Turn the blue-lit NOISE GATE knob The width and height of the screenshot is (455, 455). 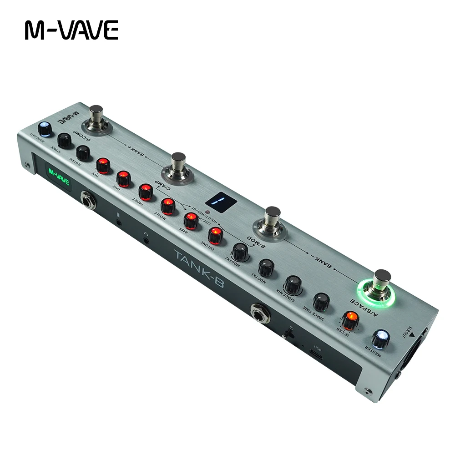click(x=44, y=128)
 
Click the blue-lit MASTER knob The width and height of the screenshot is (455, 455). click(x=380, y=339)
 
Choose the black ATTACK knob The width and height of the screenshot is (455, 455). click(x=65, y=140)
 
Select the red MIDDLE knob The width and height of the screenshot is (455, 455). click(x=167, y=206)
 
